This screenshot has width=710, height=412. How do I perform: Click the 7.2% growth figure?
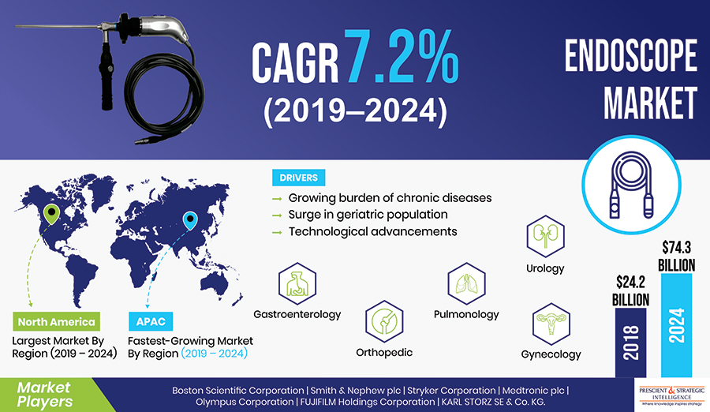click(402, 57)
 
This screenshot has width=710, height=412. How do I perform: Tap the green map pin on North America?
click(51, 213)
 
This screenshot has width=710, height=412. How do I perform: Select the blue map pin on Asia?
click(190, 220)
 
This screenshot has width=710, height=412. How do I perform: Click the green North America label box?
click(56, 321)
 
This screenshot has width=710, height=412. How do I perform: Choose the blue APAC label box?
click(151, 321)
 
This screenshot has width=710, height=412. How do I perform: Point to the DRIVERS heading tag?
click(298, 178)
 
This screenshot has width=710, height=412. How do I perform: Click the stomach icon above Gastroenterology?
click(297, 283)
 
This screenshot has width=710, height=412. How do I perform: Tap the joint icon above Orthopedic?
click(384, 321)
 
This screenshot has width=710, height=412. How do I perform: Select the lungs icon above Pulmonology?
click(466, 283)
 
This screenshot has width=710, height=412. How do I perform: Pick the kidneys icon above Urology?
click(545, 236)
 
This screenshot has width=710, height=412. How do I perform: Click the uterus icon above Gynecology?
click(551, 324)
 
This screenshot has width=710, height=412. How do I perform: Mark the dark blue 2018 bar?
click(631, 343)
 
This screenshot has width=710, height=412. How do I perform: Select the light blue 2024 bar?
click(677, 325)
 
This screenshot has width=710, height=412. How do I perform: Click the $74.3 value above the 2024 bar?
click(677, 248)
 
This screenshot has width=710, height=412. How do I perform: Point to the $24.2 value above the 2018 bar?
click(631, 283)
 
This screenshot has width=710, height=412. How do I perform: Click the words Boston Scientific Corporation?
click(237, 390)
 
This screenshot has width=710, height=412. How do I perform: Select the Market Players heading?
click(44, 395)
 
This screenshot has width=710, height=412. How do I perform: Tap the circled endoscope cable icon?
click(631, 185)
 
